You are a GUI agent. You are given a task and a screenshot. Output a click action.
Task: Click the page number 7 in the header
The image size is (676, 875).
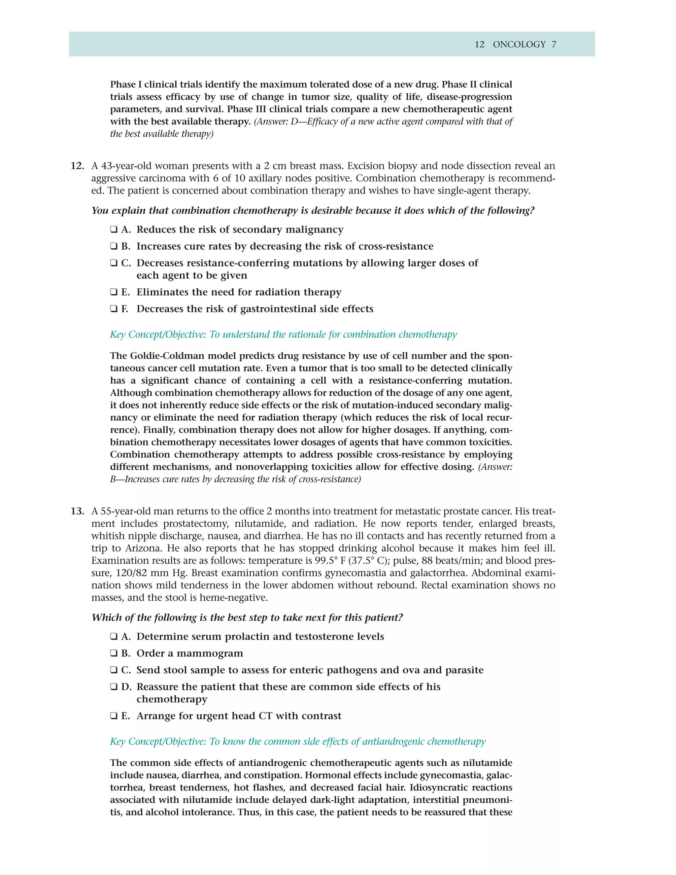click(x=554, y=45)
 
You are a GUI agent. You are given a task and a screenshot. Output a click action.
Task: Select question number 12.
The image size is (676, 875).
click(x=77, y=166)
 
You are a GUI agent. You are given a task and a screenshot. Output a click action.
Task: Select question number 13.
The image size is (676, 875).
click(x=77, y=511)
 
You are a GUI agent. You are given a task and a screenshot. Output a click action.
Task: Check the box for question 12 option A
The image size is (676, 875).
click(x=114, y=229)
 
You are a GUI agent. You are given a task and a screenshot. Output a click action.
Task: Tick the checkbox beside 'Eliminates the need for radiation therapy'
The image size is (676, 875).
click(x=114, y=292)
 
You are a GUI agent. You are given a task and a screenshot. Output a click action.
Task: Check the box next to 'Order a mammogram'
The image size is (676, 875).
click(x=114, y=653)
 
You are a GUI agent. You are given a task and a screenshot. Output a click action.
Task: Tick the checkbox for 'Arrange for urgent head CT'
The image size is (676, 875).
click(x=114, y=716)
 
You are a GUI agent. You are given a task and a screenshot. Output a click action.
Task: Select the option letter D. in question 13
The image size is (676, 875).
click(x=126, y=687)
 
